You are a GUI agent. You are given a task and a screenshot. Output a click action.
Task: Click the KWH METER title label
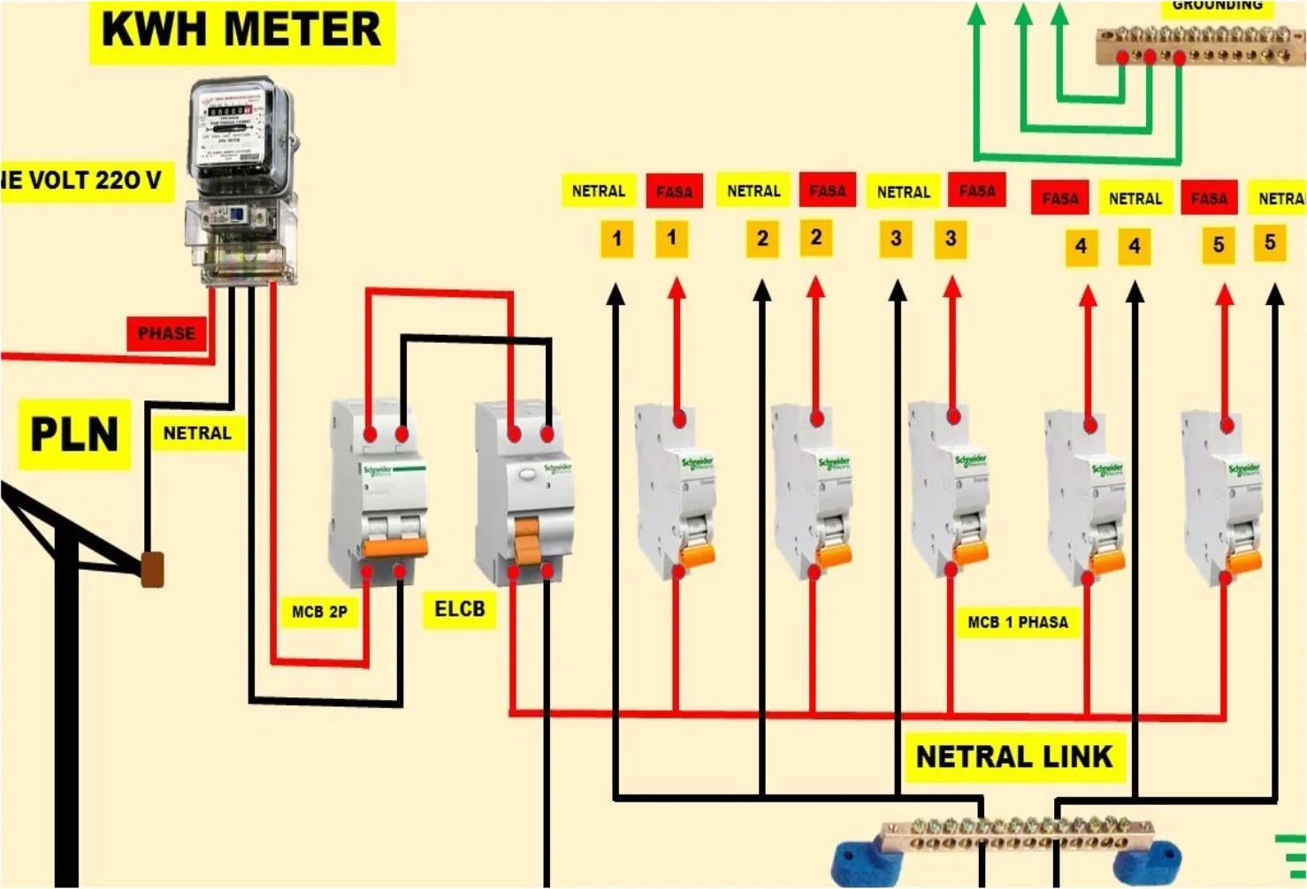pos(241,30)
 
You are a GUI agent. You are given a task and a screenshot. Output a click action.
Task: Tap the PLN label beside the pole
pos(74,434)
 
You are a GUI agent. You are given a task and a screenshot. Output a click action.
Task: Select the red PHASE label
pos(166,333)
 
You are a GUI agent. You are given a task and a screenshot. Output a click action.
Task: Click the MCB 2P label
pos(319,612)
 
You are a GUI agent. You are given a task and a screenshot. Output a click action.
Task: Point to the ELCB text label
pos(460,609)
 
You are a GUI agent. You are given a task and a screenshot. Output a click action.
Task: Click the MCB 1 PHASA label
pos(1017,622)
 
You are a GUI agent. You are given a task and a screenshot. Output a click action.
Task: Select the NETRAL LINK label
pos(1013,756)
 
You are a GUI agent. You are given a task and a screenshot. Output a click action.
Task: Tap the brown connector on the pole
pos(153,570)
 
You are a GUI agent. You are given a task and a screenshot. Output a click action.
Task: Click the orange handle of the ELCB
pos(527,542)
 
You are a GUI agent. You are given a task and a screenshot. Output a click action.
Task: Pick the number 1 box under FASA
pos(671,238)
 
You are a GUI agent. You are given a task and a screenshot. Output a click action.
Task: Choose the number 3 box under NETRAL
pos(896,239)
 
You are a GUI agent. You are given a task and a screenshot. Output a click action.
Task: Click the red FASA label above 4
pos(1059,199)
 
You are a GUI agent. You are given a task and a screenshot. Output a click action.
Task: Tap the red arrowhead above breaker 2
pos(815,286)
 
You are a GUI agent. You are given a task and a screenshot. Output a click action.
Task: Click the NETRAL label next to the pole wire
pos(196,433)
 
